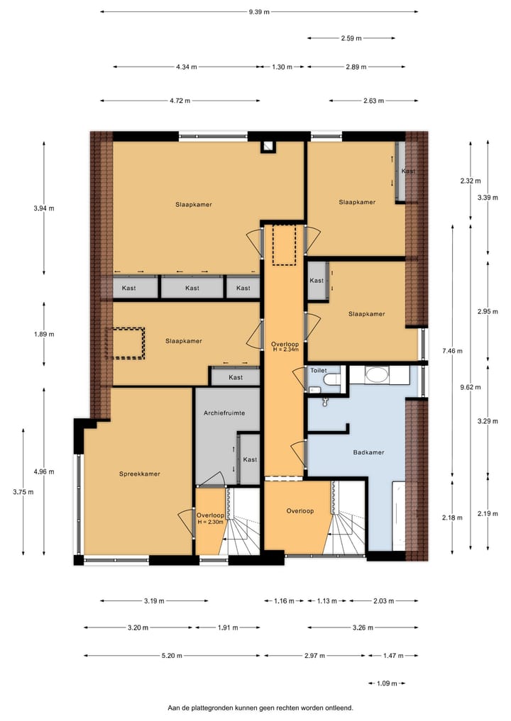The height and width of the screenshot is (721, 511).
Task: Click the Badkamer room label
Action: coord(369,452)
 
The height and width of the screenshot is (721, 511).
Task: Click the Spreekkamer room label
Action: coord(139,474)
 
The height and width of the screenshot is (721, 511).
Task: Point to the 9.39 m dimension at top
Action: coord(259,11)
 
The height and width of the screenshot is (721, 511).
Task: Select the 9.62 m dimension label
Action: coord(470,387)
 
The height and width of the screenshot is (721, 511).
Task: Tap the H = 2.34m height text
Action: coord(285,350)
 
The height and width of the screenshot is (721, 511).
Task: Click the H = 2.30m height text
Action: coord(210,522)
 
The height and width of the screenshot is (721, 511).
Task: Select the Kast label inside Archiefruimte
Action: coord(250,459)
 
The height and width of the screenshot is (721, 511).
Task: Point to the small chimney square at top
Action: coord(268,147)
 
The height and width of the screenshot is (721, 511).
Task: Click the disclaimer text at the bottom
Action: coord(260,707)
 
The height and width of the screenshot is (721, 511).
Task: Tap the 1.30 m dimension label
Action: coord(282,67)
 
